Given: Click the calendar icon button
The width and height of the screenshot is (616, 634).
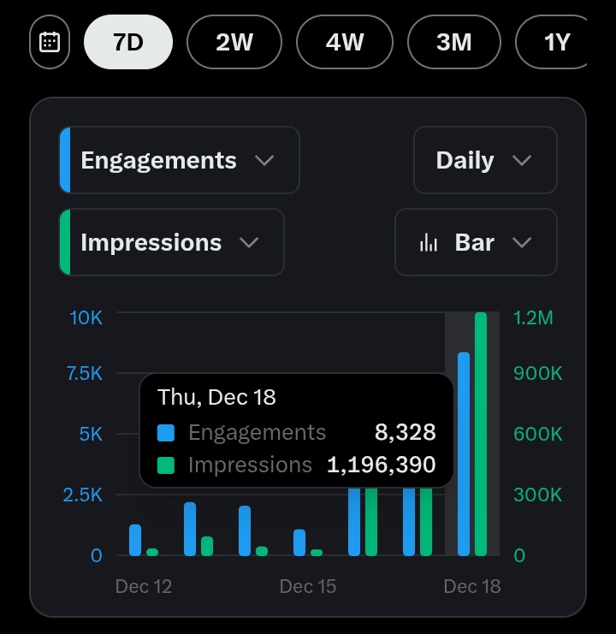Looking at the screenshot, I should click(50, 42).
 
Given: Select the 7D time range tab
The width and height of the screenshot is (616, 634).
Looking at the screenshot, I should click(128, 42).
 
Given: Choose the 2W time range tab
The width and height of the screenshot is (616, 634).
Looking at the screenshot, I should click(234, 42).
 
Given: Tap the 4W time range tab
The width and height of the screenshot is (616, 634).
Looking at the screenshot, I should click(345, 42).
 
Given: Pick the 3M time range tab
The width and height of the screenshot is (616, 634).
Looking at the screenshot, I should click(454, 42).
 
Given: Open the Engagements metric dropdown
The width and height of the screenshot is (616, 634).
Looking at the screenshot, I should click(179, 161).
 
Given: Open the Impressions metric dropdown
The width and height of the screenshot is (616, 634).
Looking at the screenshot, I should click(171, 243).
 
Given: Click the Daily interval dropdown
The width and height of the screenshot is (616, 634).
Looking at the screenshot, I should click(485, 161).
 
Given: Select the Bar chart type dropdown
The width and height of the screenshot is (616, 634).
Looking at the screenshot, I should click(476, 243).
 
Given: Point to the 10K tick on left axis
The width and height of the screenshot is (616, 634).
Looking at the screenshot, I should click(86, 317).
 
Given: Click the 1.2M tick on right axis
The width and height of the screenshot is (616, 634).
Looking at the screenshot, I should click(533, 317).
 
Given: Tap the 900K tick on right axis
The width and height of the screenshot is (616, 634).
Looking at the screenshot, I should click(537, 374).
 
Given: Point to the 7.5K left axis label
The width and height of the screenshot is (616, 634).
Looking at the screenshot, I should click(85, 374).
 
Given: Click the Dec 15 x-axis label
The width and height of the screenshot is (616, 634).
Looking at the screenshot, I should click(308, 586).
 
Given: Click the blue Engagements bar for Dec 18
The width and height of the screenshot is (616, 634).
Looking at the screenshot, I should click(464, 453).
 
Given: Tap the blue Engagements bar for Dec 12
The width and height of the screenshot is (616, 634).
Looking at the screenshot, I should click(135, 540).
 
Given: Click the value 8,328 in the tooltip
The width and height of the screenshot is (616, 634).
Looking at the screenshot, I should click(406, 433).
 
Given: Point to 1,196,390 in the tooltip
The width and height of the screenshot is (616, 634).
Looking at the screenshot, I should click(382, 465).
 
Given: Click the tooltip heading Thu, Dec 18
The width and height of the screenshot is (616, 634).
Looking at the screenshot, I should click(216, 397).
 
